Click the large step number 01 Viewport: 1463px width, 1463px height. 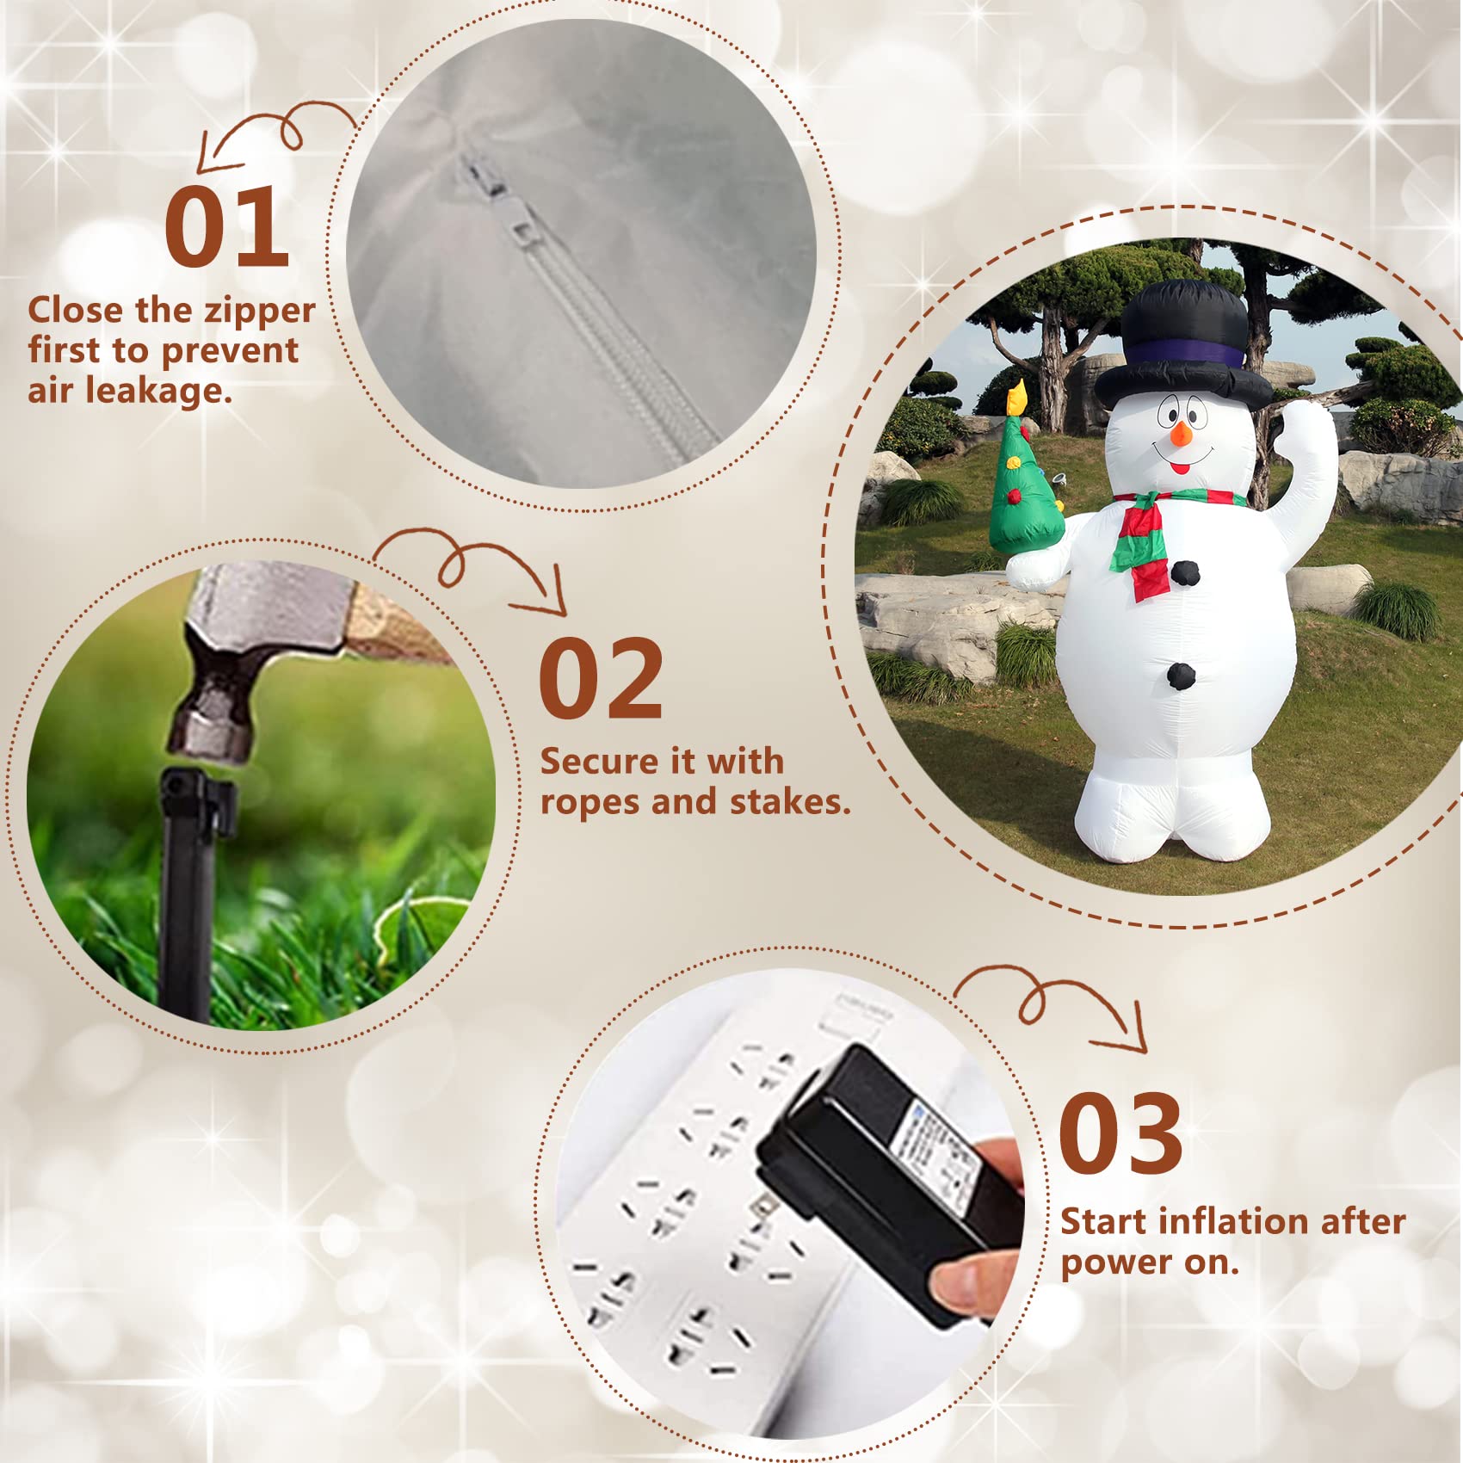point(226,226)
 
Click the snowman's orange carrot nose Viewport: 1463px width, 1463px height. point(1181,434)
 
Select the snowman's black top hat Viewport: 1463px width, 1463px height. point(1183,344)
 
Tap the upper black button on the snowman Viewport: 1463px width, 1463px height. point(1185,572)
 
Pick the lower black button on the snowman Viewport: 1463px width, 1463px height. point(1182,676)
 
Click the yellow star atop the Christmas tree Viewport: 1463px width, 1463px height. point(1018,398)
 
